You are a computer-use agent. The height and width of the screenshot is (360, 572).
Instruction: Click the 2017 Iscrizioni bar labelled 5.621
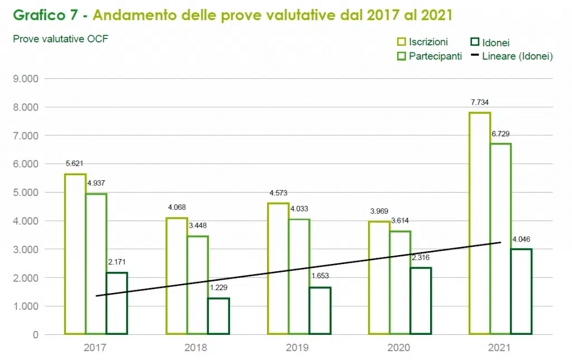pos(75,254)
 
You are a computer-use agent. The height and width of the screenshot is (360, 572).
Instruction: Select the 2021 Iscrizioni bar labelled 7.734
pos(480,223)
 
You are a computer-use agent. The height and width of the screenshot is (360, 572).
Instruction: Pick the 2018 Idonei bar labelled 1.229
pos(218,316)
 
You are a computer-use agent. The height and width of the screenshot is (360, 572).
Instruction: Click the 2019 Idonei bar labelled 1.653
pos(320,310)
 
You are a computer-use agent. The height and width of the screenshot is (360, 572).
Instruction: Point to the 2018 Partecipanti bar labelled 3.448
pos(198,285)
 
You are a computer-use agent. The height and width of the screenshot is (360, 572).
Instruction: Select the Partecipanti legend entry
pos(429,56)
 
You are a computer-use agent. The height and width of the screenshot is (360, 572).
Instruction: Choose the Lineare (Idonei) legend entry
pos(511,56)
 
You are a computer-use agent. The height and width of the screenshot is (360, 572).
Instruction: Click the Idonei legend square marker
pos(475,42)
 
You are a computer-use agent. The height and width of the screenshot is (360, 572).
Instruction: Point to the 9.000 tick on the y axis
pos(26,79)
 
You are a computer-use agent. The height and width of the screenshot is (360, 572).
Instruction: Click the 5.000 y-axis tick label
pos(26,193)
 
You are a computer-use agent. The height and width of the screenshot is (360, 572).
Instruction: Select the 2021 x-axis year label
pos(500,347)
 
